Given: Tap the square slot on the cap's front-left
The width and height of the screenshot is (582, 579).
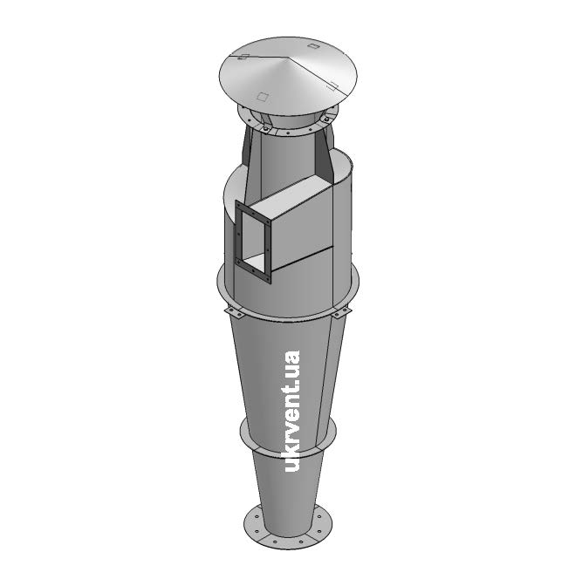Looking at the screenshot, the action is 263,97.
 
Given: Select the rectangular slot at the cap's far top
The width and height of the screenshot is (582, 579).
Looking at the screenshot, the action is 313,46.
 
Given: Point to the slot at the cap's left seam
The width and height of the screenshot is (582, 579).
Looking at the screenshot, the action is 243,57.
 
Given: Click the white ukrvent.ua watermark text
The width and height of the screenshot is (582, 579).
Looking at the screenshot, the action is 291,411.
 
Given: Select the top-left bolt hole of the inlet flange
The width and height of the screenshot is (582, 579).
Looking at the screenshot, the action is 238,205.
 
